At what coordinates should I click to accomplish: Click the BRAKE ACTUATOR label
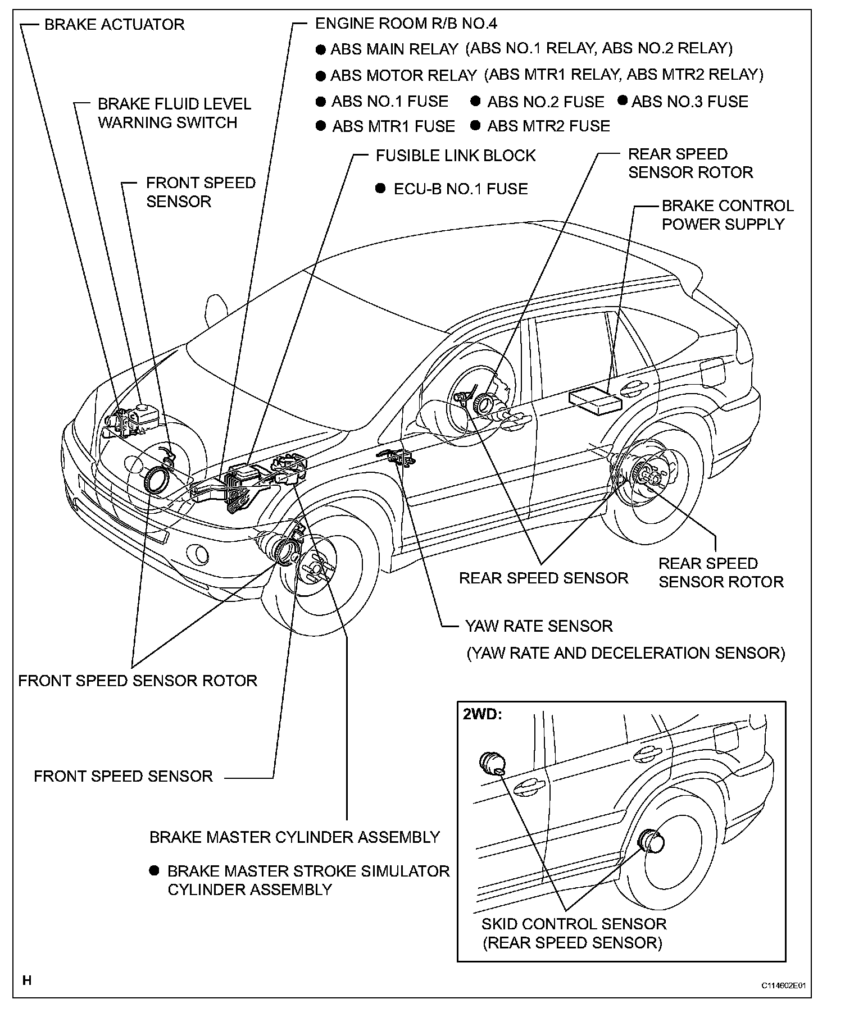click(114, 25)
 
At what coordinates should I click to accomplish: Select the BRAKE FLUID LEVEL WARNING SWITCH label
click(174, 113)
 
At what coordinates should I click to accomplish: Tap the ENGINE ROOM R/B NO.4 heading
click(406, 24)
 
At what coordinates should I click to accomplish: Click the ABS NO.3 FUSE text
click(690, 102)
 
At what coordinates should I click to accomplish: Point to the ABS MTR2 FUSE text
click(548, 126)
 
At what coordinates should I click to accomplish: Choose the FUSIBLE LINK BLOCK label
click(456, 156)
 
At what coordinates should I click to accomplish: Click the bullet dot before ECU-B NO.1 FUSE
click(381, 188)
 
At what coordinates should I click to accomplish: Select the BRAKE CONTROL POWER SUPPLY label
click(727, 215)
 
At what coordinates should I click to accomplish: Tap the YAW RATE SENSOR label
click(538, 626)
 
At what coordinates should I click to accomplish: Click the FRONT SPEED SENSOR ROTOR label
click(138, 681)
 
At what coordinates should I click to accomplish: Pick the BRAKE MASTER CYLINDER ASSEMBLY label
click(294, 837)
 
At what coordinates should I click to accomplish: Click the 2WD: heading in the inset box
click(482, 715)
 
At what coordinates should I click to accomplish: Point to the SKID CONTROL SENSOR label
click(574, 924)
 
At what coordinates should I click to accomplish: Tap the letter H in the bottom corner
click(26, 981)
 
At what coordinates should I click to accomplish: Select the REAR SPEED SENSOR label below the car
click(543, 578)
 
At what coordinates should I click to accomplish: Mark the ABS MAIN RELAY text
click(394, 49)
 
